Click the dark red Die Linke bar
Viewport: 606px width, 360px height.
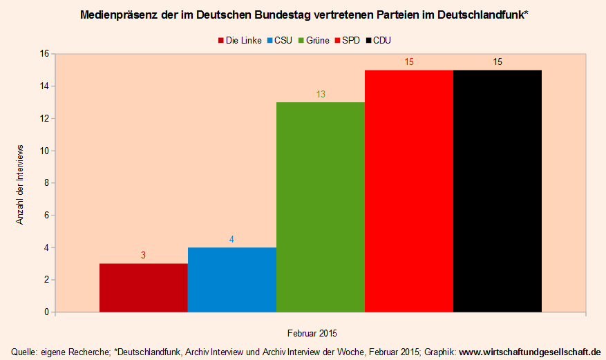(144, 287)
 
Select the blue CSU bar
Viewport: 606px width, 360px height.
(232, 279)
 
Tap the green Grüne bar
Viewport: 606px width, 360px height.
(321, 207)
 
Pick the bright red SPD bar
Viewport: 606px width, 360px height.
(409, 191)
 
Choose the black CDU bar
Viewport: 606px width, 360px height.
(498, 191)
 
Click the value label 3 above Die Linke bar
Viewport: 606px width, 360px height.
(144, 255)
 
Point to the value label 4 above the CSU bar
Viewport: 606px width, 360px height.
(232, 239)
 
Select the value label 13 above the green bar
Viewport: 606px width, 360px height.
(321, 94)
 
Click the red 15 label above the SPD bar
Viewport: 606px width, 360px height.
(409, 62)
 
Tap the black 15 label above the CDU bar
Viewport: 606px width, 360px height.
(498, 62)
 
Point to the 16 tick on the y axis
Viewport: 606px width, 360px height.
(44, 54)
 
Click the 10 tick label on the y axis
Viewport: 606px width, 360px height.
(44, 151)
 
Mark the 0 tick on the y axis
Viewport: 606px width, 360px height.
(46, 312)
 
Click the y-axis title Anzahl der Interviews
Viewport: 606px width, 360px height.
(20, 184)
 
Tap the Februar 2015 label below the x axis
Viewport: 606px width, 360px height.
(313, 332)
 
